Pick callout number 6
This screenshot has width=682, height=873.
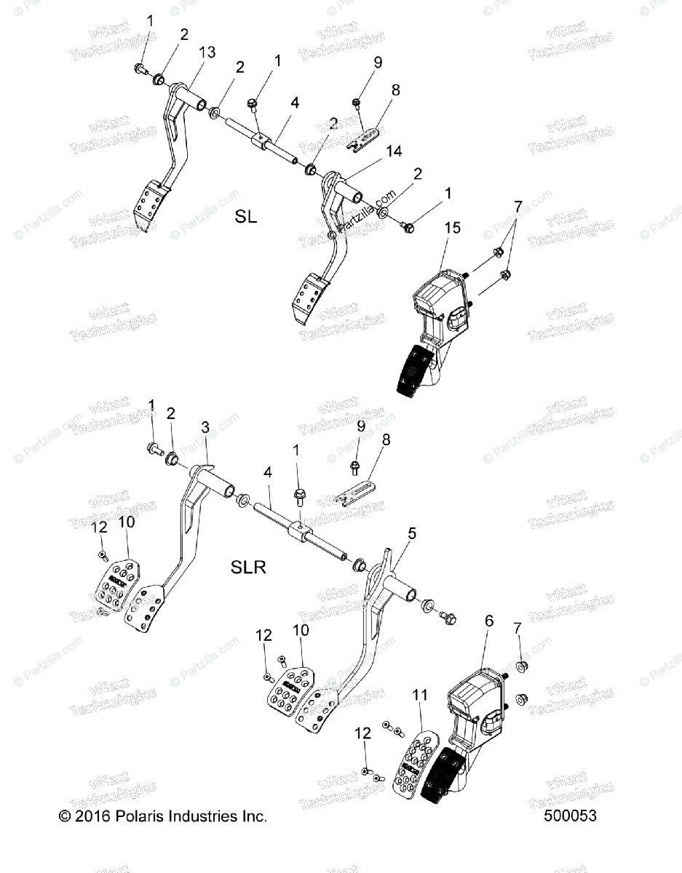[x=489, y=621]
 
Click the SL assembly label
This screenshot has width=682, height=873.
[x=246, y=217]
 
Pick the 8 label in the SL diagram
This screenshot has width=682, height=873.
[x=396, y=92]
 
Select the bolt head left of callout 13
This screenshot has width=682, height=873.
[x=139, y=69]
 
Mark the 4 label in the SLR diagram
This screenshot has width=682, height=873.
[x=269, y=473]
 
